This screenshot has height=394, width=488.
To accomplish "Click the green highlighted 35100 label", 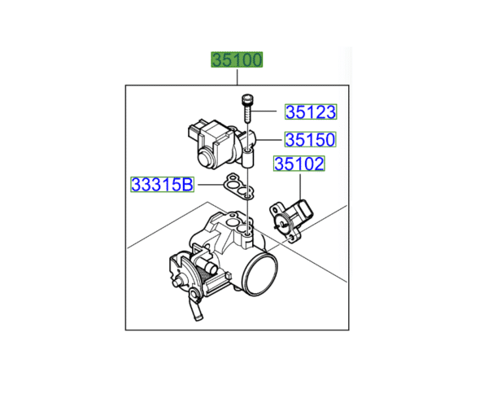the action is click(237, 59).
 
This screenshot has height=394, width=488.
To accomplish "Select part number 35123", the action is click(311, 112).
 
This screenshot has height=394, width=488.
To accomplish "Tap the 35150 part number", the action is click(311, 139).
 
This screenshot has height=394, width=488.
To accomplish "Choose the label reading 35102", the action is click(299, 164).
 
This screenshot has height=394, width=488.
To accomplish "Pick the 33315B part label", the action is click(162, 185).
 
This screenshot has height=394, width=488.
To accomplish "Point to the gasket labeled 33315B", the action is click(238, 186).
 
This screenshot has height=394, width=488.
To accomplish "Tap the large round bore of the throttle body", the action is click(261, 274).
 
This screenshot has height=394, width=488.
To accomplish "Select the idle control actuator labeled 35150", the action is click(221, 144).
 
